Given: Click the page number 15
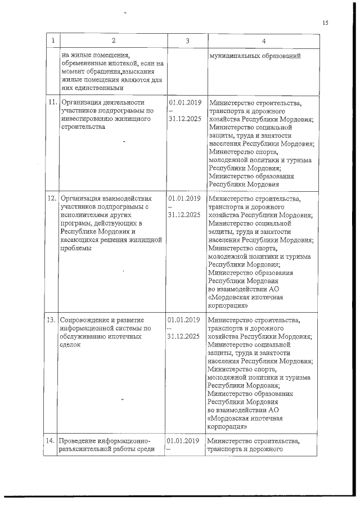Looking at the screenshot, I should click(325, 23).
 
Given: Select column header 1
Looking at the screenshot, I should click(52, 40).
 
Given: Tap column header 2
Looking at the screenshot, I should click(113, 40).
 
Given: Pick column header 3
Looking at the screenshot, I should click(187, 40).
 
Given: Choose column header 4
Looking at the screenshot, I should click(263, 40).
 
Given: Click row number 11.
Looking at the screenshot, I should click(52, 103).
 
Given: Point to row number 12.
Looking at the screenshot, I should click(52, 199).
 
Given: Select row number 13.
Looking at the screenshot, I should click(52, 319).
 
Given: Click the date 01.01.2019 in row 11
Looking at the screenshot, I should click(184, 103).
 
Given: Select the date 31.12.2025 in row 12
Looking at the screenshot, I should click(184, 215).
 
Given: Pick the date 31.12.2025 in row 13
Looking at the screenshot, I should click(184, 336).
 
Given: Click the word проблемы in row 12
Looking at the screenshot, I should click(75, 247).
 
